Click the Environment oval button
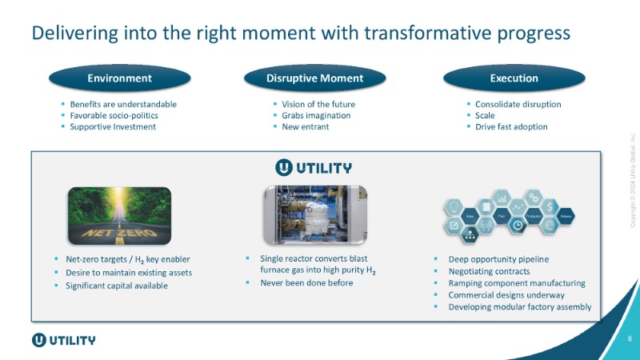click(120, 78)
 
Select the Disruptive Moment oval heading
click(314, 78)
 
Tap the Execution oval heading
click(514, 78)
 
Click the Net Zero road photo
click(119, 215)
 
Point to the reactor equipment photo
click(315, 214)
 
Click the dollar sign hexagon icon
click(550, 207)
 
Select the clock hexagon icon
click(518, 226)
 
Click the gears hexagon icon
click(534, 197)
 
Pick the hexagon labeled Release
click(566, 216)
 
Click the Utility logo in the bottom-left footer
click(63, 339)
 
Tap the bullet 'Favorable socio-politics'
click(114, 115)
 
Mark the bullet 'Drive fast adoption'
click(511, 126)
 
